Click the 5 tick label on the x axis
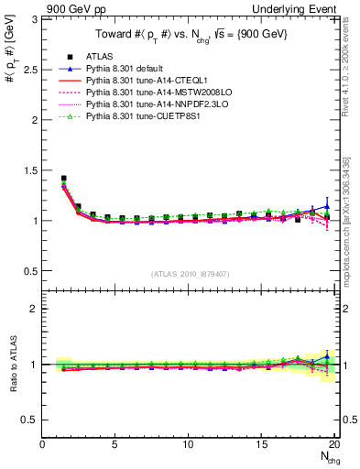(115, 445)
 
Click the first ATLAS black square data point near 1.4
(63, 179)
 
